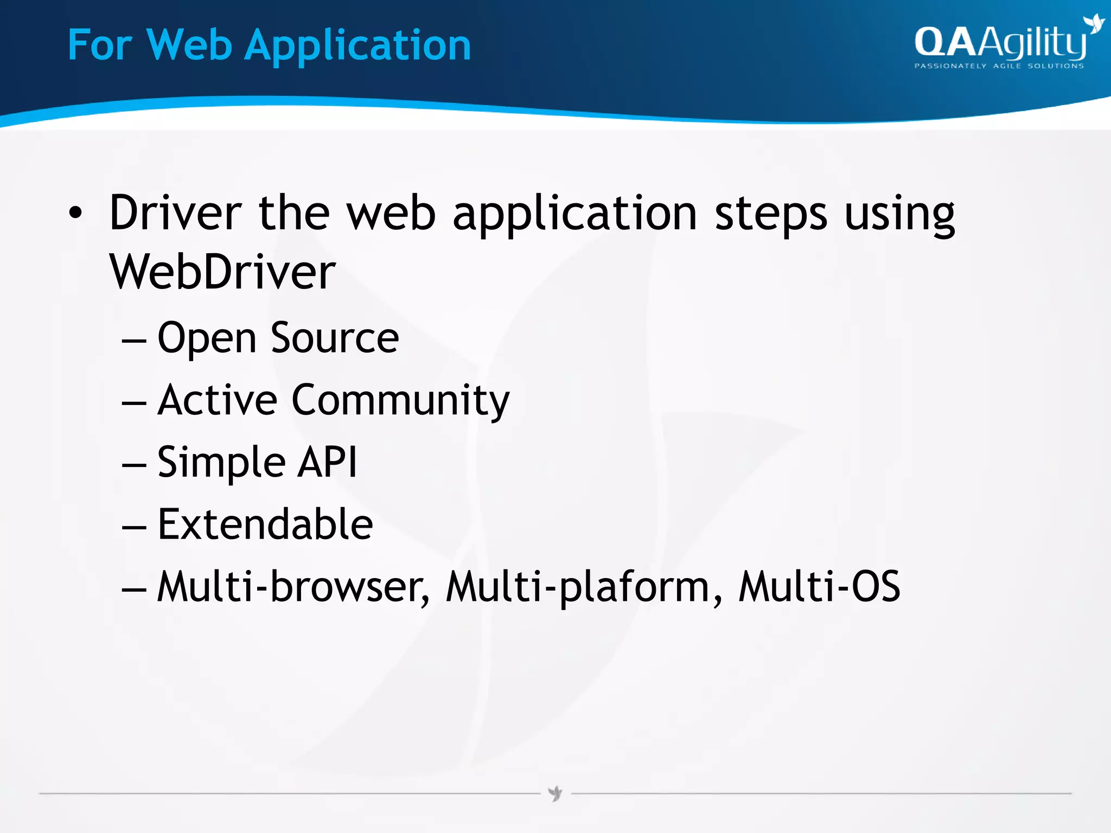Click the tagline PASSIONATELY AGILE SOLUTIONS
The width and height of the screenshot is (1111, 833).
pos(999,66)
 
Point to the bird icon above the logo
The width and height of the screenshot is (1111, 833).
pos(1093,24)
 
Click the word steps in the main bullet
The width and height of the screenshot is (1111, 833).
pos(770,214)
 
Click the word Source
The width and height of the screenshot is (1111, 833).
pos(335,337)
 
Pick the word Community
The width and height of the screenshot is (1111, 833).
pos(400,400)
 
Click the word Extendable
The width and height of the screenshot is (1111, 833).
pos(265,524)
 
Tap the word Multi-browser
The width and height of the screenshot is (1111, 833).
pos(293,587)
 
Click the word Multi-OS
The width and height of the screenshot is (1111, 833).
pos(819,587)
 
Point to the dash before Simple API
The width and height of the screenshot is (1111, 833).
pos(134,465)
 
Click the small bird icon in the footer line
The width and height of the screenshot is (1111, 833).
pos(555,794)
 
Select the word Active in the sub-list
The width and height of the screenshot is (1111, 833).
pos(217,400)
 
